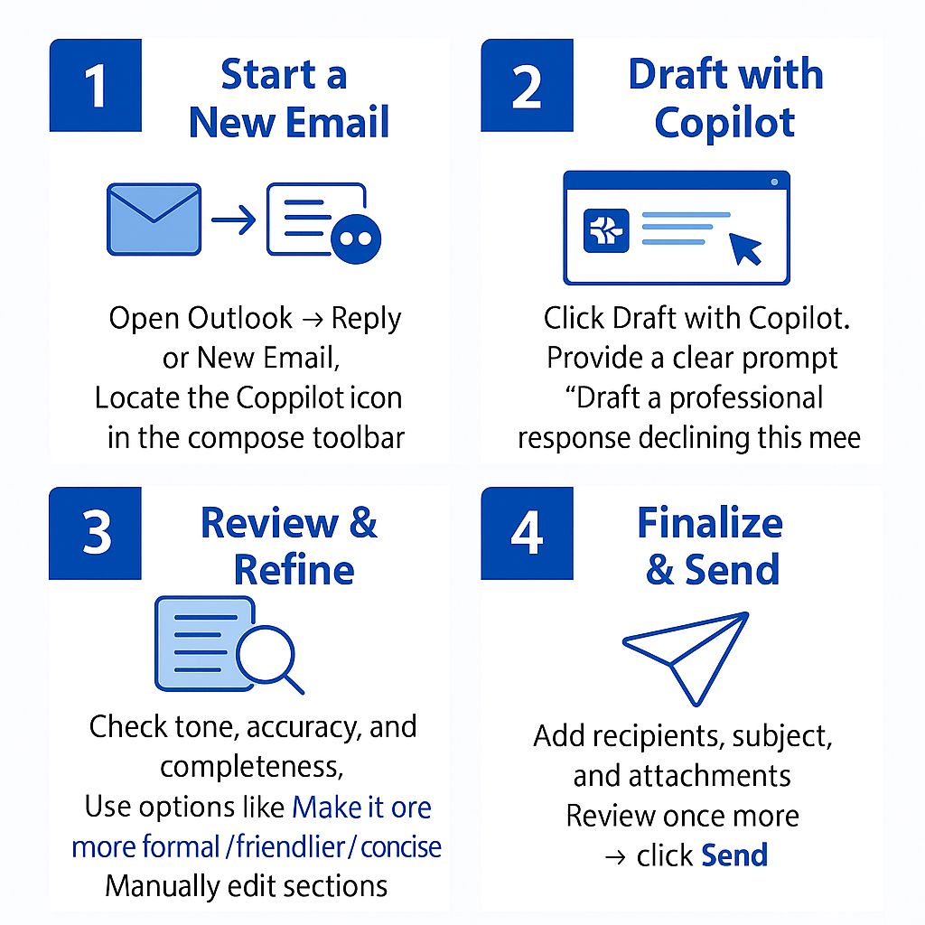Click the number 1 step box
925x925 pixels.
(x=96, y=85)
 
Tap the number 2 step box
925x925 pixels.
(x=527, y=85)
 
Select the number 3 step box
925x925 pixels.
(x=95, y=533)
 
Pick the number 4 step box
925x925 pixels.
(x=527, y=533)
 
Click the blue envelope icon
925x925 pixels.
(x=154, y=219)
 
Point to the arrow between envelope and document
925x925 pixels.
(x=234, y=220)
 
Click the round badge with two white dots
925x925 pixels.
(x=356, y=238)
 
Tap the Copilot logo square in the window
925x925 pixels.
(x=606, y=230)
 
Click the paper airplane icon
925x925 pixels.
(x=687, y=659)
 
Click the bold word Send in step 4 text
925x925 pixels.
(x=734, y=855)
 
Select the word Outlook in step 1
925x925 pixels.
(x=239, y=318)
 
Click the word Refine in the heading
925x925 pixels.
(x=294, y=570)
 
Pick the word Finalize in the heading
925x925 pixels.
(x=710, y=523)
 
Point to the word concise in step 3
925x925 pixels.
(x=401, y=847)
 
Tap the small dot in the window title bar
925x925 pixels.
(x=774, y=182)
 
